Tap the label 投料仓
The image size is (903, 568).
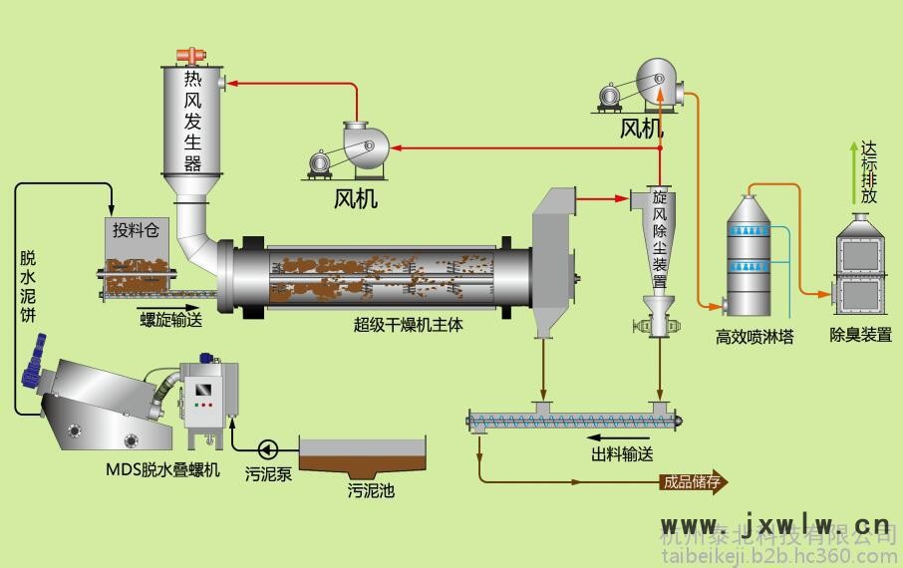coord(136,231)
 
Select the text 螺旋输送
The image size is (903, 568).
coord(170,319)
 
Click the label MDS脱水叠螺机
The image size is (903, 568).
coord(162,468)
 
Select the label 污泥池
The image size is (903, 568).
coord(371,491)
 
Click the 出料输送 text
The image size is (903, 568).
coord(622,454)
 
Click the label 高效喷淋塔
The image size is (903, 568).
coord(754,336)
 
